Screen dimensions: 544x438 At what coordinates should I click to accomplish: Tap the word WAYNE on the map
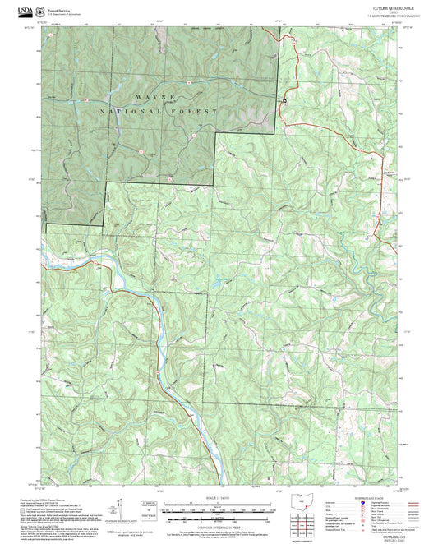[155, 97]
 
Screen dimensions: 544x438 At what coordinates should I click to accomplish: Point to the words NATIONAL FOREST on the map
[159, 110]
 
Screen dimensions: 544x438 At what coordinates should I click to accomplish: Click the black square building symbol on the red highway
[284, 100]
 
